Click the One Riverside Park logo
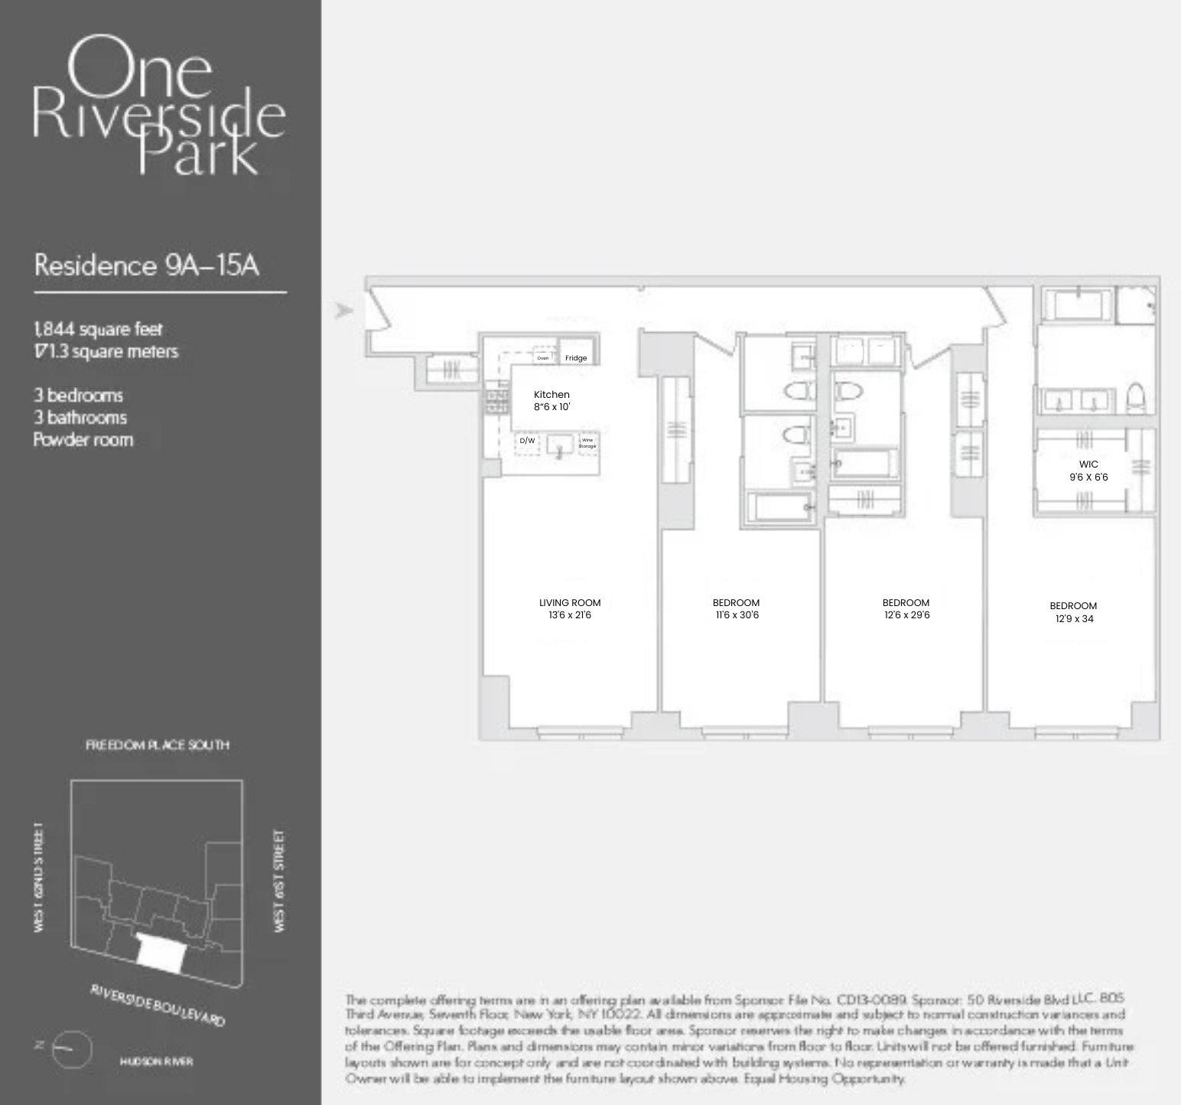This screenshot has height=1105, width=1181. point(158,105)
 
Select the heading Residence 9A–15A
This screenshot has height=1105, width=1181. point(147,266)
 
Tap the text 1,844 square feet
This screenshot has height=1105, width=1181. point(98,329)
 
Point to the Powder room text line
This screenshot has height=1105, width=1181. point(83,440)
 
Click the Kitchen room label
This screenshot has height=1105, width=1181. point(551,395)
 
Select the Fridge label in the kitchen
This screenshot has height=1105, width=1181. point(576,358)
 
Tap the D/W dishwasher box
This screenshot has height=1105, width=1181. point(527,442)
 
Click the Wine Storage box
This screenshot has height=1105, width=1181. point(587,443)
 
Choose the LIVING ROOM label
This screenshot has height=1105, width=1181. point(570,603)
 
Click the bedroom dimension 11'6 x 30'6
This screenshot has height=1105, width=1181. point(737,615)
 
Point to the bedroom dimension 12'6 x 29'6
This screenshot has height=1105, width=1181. point(906,615)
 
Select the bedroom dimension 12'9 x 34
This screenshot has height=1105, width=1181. point(1074,618)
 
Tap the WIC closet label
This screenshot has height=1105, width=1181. point(1088,464)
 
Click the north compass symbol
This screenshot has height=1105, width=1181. point(71,1049)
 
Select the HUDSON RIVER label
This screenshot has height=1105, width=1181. point(157,1061)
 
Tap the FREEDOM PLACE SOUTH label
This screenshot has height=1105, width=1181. point(157,745)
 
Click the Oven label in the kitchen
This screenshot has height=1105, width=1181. point(543,358)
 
